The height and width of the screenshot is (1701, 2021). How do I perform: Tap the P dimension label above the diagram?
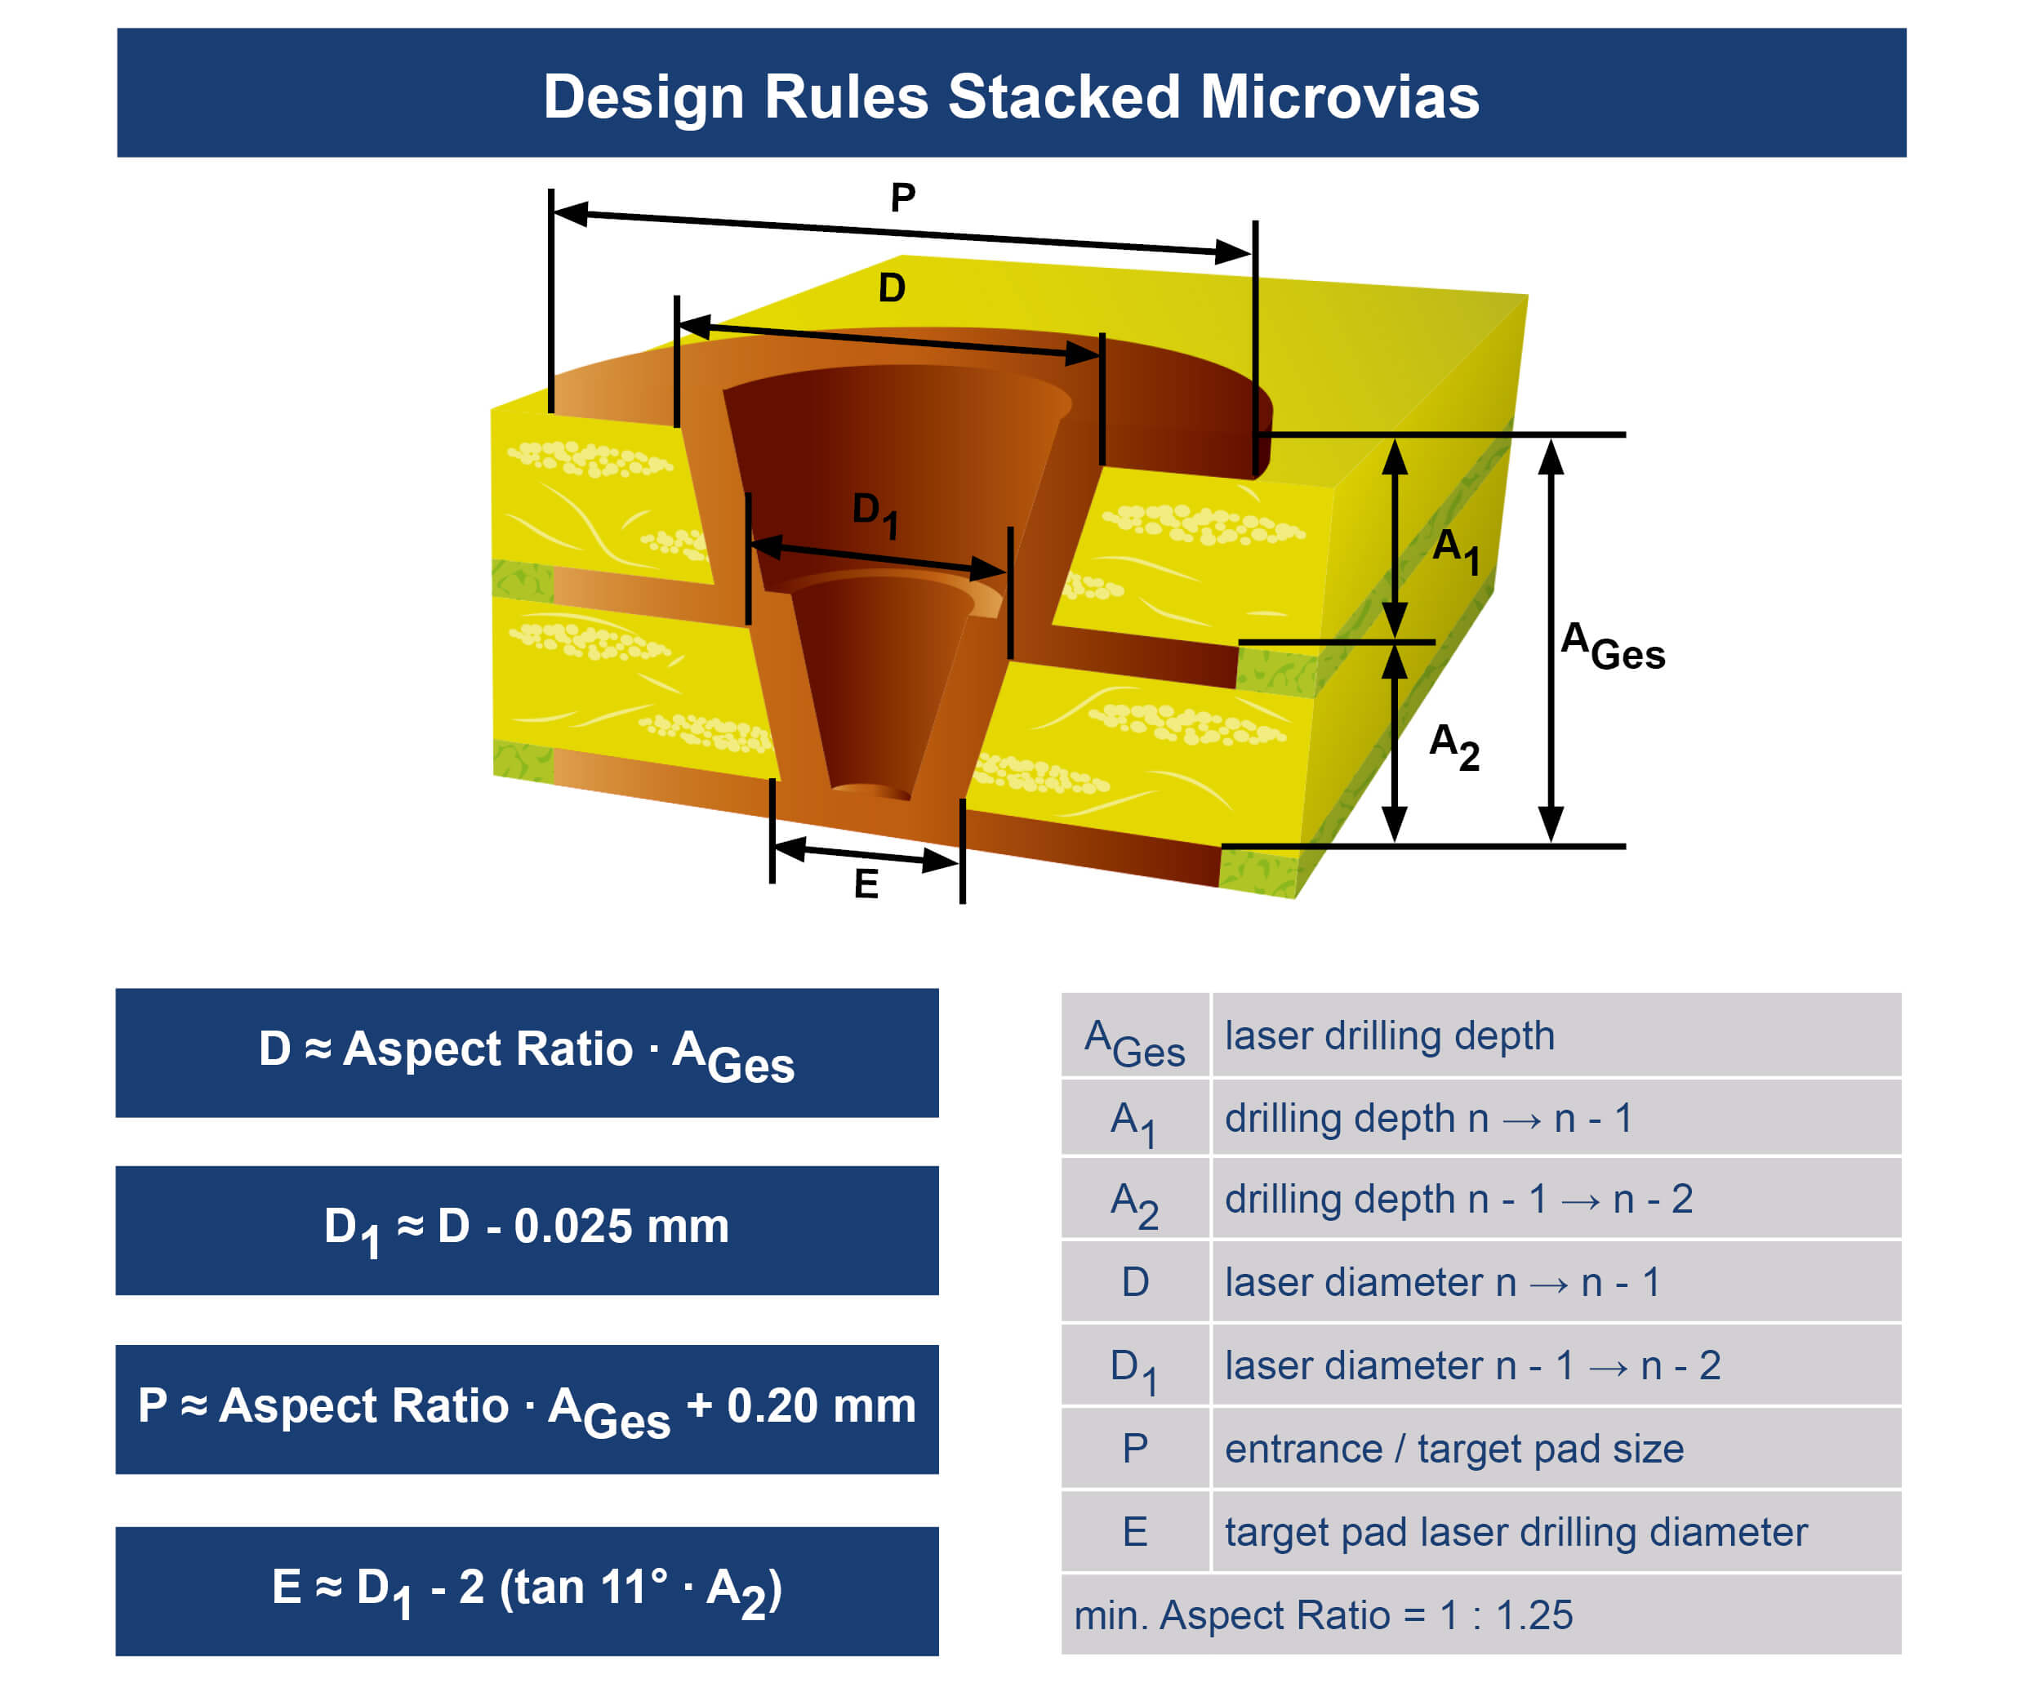902,198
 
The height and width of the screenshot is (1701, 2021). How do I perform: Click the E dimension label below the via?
866,884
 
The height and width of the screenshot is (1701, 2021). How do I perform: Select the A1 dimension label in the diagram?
1454,550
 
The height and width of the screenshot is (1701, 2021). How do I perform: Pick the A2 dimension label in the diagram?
1453,746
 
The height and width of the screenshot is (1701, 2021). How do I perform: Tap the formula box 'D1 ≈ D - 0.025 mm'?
527,1230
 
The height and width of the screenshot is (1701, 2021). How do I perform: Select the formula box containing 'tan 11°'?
527,1590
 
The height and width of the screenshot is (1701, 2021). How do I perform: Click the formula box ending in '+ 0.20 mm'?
527,1409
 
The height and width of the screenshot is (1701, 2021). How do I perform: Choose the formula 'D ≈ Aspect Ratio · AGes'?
527,1052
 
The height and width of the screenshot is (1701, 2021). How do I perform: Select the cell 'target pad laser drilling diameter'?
1515,1531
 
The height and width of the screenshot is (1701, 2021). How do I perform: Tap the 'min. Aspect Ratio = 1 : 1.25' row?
1323,1614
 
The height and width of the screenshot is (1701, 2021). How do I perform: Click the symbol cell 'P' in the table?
1135,1449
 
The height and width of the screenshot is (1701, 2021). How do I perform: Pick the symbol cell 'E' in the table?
1135,1531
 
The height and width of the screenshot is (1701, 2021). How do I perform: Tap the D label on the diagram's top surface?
892,287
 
